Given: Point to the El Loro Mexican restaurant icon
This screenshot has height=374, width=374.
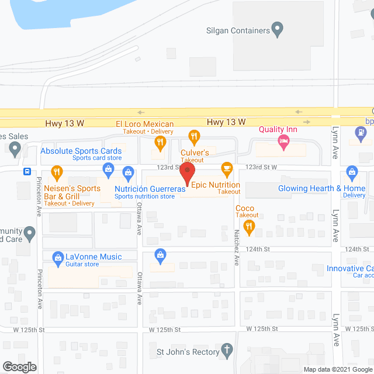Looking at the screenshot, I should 158,142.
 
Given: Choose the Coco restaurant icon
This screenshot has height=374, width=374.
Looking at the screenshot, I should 250,228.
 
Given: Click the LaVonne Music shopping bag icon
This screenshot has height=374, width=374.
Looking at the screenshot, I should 58,257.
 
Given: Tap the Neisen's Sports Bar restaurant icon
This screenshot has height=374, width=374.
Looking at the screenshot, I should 57,172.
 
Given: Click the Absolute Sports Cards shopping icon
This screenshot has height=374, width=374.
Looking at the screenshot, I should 108,169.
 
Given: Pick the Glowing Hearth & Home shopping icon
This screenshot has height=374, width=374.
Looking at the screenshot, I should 352,172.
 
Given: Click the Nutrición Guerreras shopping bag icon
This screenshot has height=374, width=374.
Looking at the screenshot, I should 128,172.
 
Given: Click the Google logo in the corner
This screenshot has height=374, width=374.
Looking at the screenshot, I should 19,367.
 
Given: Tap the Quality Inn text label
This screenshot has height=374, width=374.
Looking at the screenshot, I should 279,130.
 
